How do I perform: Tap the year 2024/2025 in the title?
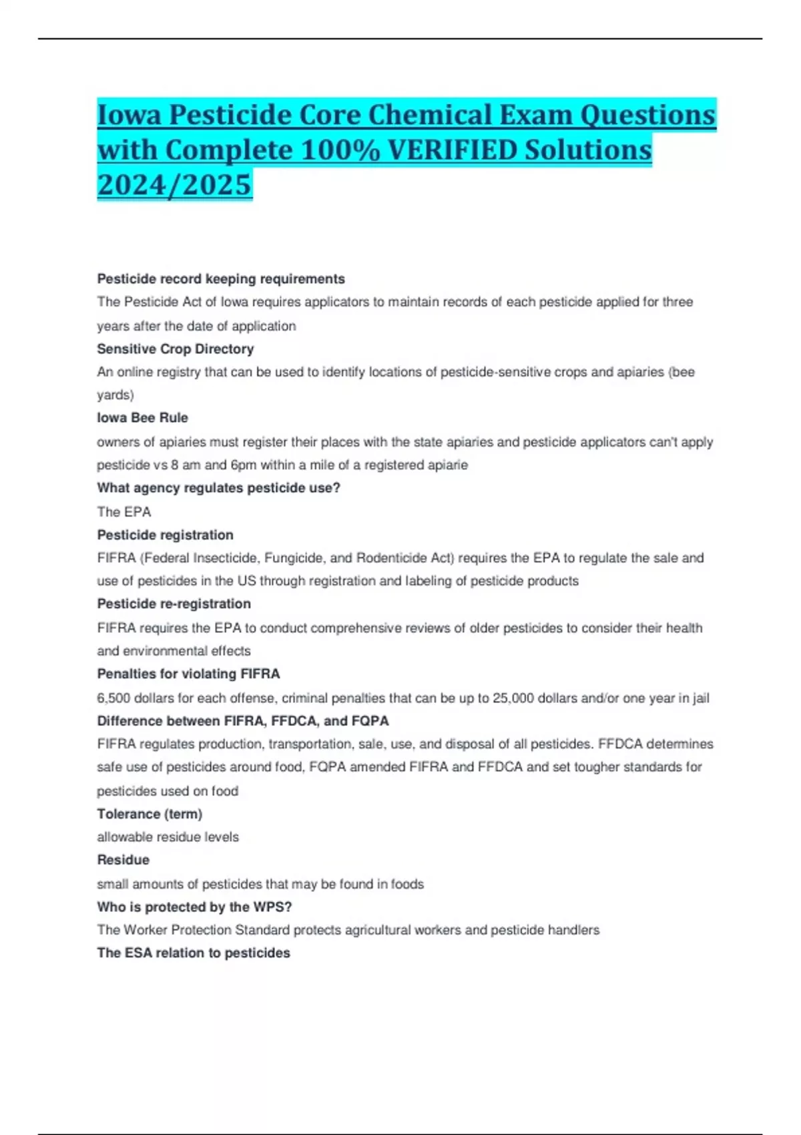pos(174,184)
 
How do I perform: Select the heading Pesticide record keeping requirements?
pos(221,279)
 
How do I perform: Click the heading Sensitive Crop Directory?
pos(176,349)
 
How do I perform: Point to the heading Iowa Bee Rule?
pos(142,418)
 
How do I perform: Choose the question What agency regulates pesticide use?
pos(218,488)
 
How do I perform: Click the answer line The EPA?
pos(124,512)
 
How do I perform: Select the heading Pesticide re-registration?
pos(174,604)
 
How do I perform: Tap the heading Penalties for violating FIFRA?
pos(188,674)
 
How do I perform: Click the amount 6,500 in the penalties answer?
pos(113,698)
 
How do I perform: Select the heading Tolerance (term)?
pos(150,814)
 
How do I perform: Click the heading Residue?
pos(123,860)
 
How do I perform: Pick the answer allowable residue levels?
pos(168,837)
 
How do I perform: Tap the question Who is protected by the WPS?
pos(194,907)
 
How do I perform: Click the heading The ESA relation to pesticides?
pos(194,953)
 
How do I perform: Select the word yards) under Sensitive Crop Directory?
pos(115,395)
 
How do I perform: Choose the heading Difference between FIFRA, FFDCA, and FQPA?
pos(243,721)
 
